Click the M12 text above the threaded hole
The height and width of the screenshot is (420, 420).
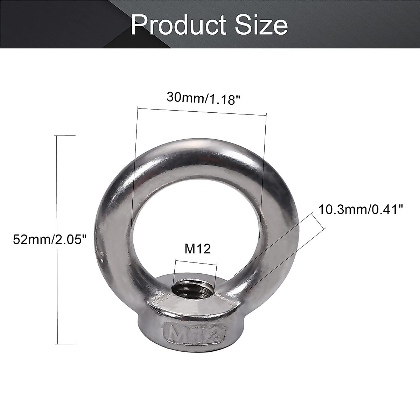coord(197,249)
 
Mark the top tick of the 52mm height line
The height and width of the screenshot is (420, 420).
coord(66,135)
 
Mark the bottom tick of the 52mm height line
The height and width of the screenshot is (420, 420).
coord(66,344)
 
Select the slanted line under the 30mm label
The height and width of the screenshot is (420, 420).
coord(202,111)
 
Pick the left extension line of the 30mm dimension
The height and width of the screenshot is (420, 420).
coord(134,168)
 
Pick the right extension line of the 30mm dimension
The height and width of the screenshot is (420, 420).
coord(263,168)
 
